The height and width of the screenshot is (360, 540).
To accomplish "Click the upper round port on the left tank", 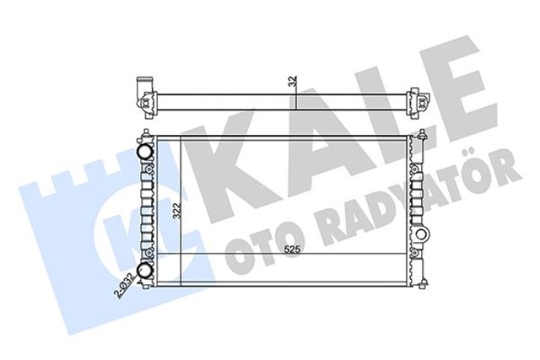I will (x=144, y=152).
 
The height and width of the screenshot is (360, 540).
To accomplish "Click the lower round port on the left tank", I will (x=144, y=271).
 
